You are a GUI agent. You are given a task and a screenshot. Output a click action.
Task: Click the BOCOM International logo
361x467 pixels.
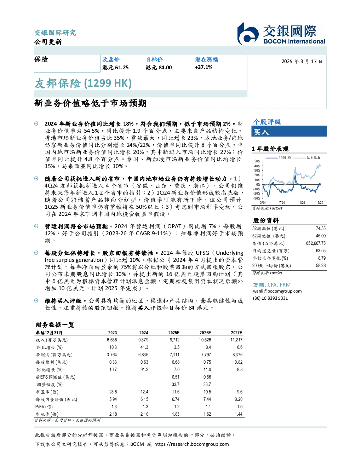click(x=281, y=34)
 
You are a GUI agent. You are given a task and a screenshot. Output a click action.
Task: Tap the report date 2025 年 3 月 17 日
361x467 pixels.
click(x=302, y=62)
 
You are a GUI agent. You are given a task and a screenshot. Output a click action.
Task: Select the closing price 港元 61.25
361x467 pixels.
click(x=115, y=68)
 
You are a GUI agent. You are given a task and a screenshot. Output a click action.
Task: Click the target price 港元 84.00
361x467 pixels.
click(x=159, y=68)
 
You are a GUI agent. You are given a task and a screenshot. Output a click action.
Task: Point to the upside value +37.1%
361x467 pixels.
click(x=204, y=67)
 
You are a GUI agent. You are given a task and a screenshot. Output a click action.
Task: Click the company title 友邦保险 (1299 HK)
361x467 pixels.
click(x=83, y=83)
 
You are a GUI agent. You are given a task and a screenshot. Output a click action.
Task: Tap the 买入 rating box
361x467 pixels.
click(x=289, y=131)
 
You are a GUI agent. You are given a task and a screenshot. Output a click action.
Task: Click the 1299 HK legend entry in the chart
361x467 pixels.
click(x=278, y=158)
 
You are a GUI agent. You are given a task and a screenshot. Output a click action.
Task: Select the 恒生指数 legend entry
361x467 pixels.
click(x=307, y=158)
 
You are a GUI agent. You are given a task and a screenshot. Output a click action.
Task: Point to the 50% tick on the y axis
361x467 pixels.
click(x=257, y=161)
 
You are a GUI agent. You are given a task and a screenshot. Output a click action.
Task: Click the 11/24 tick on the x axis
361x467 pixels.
click(x=301, y=202)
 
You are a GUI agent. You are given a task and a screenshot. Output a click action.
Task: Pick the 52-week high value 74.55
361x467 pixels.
click(x=321, y=229)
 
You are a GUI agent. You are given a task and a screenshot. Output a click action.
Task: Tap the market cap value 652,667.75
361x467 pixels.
click(x=316, y=243)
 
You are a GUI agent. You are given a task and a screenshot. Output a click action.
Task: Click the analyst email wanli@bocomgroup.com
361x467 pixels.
click(x=277, y=291)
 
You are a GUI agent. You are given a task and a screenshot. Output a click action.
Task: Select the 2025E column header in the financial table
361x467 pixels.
click(x=174, y=333)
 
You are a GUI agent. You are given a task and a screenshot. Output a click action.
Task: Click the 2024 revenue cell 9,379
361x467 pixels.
click(x=143, y=340)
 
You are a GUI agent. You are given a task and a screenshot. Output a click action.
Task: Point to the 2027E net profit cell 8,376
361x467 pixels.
click(x=237, y=355)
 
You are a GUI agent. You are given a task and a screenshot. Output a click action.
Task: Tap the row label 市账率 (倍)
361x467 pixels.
click(x=47, y=414)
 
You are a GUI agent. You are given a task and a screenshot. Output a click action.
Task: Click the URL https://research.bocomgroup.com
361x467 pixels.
click(x=191, y=444)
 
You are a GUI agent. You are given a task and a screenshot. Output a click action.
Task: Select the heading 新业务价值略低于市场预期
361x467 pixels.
click(x=91, y=103)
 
